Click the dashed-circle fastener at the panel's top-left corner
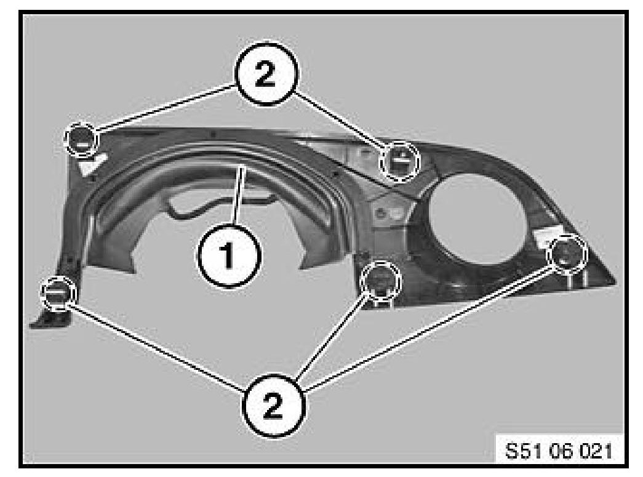[x=82, y=138]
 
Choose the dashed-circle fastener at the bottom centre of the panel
[x=380, y=280]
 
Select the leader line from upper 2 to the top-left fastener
[x=166, y=108]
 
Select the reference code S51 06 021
[x=559, y=451]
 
